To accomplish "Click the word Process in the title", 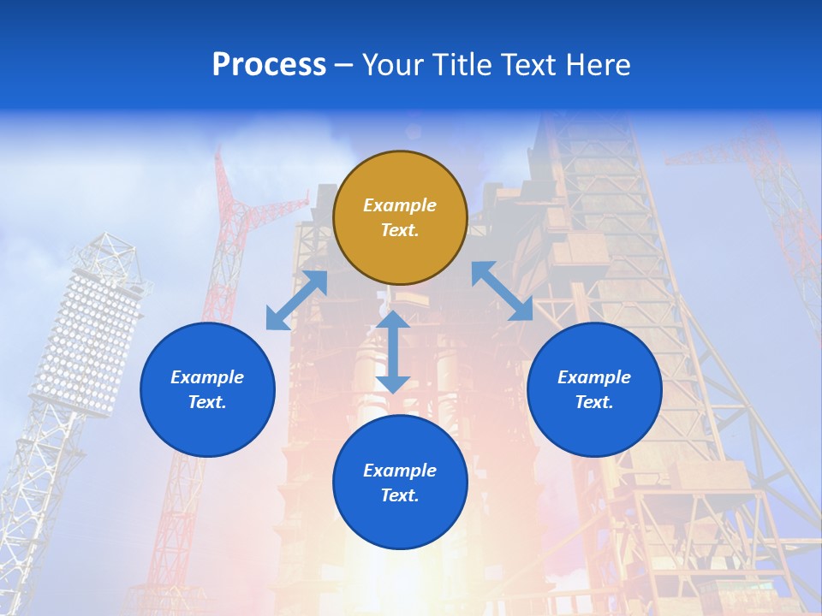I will tap(269, 65).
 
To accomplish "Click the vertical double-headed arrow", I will tap(393, 352).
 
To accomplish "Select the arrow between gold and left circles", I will tap(296, 300).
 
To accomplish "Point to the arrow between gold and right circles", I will tap(502, 291).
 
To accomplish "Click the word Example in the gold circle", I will tap(400, 205).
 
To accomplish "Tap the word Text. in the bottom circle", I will tap(400, 495).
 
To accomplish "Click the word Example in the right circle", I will tap(594, 377).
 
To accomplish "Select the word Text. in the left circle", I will tap(207, 402).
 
